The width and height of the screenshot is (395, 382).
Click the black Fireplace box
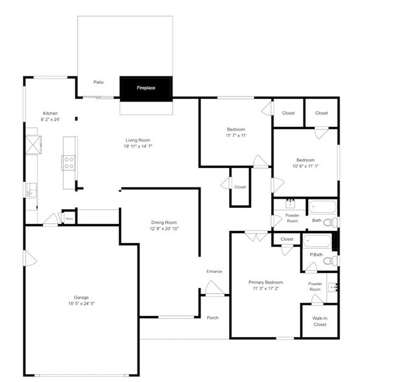pos(146,88)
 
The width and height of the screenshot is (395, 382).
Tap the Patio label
pos(98,82)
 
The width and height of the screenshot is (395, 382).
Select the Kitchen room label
pos(50,113)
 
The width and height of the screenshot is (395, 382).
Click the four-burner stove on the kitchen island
pos(69,162)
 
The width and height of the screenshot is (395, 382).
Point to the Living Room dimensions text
pos(138,146)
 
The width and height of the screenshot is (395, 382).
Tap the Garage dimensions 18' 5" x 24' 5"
pos(81,303)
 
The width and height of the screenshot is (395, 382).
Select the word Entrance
pos(214,271)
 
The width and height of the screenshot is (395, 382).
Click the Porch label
pos(213,318)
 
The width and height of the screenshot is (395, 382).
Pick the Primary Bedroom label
pos(266,283)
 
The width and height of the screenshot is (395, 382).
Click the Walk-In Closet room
pos(320,321)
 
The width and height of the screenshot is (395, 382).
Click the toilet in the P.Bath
pos(329,261)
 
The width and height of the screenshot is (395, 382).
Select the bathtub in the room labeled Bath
pos(321,206)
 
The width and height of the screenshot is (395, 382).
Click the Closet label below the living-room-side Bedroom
pos(240,187)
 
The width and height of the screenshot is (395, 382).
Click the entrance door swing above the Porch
pos(213,289)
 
